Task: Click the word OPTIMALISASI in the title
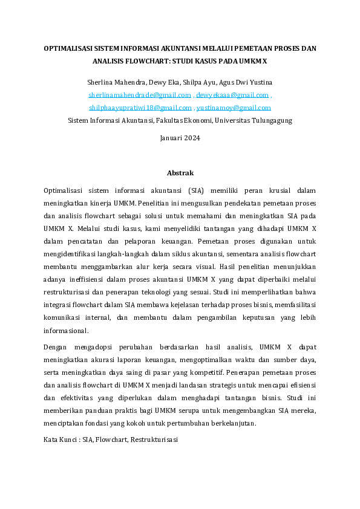(x=70, y=48)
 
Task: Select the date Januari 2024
(x=180, y=138)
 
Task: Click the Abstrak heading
(x=180, y=173)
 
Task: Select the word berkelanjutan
(x=228, y=423)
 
